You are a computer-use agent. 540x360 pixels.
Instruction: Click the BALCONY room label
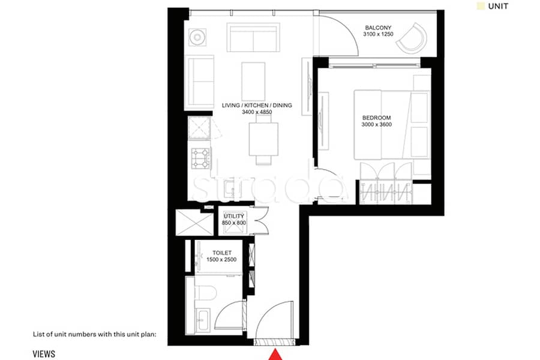(x=378, y=28)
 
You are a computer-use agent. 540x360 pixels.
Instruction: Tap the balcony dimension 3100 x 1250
(x=378, y=34)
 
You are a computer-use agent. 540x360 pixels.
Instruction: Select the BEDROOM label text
(x=376, y=118)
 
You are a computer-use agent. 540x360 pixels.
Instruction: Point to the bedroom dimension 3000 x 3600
(x=376, y=125)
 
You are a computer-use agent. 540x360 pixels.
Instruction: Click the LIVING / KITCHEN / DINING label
(x=257, y=106)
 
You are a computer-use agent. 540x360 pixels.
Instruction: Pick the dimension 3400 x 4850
(x=257, y=112)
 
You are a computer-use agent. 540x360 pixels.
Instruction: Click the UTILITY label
(x=234, y=216)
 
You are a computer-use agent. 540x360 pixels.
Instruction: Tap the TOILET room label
(x=222, y=253)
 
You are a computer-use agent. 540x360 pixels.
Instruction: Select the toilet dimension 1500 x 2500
(x=221, y=260)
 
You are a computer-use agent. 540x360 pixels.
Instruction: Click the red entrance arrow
(x=275, y=355)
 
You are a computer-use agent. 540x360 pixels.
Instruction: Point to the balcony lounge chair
(x=412, y=38)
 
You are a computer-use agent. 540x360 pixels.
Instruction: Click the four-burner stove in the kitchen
(x=201, y=158)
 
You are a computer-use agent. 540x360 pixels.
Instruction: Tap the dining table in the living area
(x=263, y=139)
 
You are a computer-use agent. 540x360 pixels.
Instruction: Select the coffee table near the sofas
(x=253, y=82)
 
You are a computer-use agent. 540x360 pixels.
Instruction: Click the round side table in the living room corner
(x=197, y=37)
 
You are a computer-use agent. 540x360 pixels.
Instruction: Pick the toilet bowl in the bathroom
(x=206, y=292)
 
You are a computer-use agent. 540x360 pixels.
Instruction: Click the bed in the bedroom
(x=383, y=125)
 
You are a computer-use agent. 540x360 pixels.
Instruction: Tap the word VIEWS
(x=44, y=354)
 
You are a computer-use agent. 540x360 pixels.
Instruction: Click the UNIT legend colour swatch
(x=481, y=6)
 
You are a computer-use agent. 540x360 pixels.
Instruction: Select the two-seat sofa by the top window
(x=253, y=37)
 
